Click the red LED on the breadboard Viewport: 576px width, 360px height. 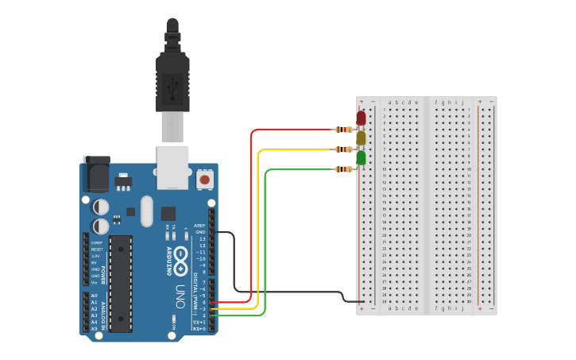361,118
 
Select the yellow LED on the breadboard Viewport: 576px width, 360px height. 361,137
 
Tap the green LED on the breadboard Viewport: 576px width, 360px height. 361,157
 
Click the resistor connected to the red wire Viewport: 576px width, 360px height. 343,130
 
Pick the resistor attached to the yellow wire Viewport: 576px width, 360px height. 343,149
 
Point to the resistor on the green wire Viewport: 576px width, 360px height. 343,169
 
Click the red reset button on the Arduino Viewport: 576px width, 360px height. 205,180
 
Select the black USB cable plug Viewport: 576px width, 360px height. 172,75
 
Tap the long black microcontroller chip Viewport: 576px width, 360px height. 121,283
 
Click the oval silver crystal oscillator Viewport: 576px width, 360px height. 146,211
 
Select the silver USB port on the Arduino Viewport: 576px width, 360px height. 172,166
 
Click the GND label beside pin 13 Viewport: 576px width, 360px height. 200,232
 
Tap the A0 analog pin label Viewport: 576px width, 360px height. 94,296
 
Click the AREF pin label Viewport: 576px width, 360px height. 199,226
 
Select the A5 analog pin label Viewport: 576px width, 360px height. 94,328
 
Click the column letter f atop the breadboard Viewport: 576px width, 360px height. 436,103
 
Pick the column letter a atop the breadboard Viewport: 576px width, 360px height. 389,103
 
